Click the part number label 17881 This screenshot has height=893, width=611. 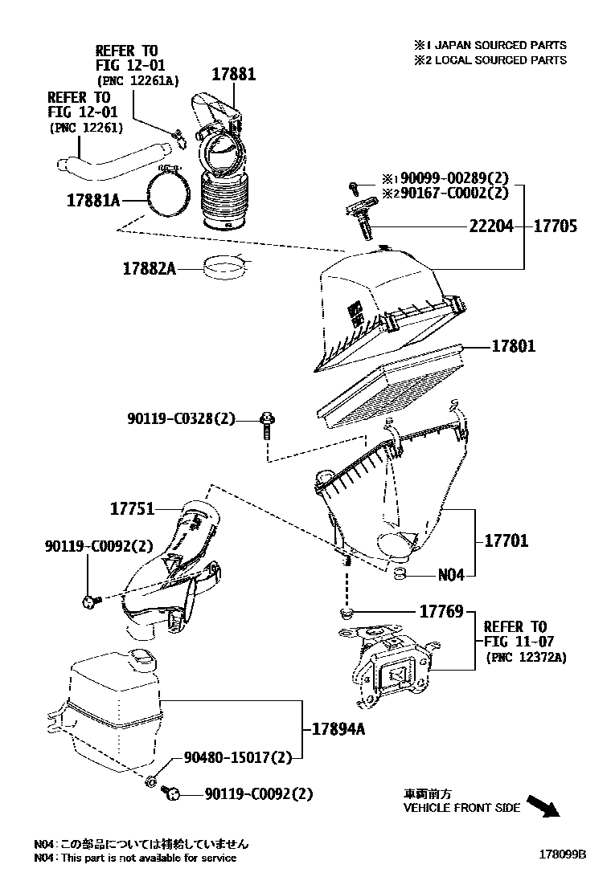[x=233, y=74]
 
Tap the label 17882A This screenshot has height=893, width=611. [x=149, y=268]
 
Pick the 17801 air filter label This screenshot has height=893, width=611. [x=514, y=346]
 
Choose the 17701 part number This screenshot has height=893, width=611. [x=506, y=540]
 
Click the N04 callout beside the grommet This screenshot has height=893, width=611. [x=451, y=575]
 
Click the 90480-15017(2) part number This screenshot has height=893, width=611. [x=237, y=756]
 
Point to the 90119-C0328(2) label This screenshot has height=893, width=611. [x=181, y=418]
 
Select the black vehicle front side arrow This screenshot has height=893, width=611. [x=552, y=807]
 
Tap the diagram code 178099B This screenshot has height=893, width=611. [x=562, y=854]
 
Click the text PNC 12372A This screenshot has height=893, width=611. [x=527, y=657]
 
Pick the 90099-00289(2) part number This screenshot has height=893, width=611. [x=455, y=179]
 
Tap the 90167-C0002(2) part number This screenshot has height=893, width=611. [x=455, y=193]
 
